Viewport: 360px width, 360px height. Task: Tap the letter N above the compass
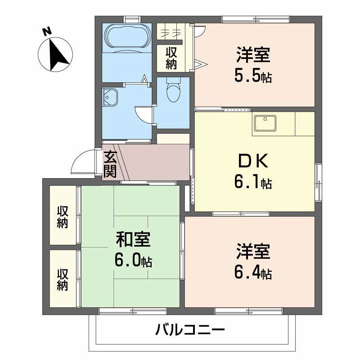(46, 31)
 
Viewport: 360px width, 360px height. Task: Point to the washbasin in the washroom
(110, 96)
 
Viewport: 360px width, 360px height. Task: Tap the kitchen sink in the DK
(265, 122)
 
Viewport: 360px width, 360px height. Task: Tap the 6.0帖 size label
(133, 261)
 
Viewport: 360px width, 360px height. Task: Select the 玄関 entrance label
(110, 164)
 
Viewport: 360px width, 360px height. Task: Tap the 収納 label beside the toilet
(171, 58)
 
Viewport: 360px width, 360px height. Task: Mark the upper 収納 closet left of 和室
(63, 216)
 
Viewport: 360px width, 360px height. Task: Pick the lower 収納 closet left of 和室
(63, 279)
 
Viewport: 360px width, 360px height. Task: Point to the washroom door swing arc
(143, 113)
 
